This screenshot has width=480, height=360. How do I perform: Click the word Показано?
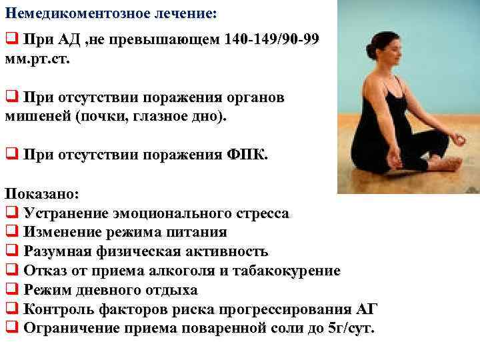pos(42,195)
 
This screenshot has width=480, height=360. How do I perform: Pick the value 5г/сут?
pos(353,328)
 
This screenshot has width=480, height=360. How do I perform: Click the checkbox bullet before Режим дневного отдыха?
pos(11,290)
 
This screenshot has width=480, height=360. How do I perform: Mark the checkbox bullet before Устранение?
pos(11,213)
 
